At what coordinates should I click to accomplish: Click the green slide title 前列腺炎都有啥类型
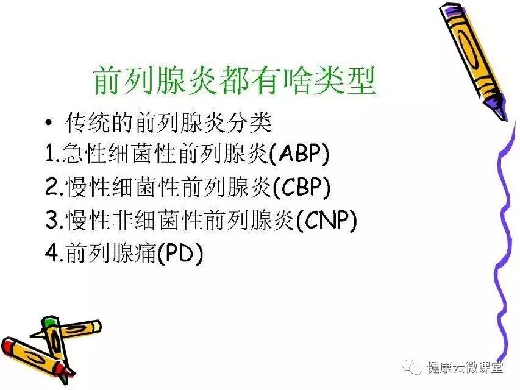235,80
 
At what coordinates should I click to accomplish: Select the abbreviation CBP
302,186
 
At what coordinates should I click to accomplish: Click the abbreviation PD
179,253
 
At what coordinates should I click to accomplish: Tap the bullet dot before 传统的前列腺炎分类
49,123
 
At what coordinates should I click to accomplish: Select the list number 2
52,186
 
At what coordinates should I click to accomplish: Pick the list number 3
52,219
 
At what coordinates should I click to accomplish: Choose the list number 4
52,253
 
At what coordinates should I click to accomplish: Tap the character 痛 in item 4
144,253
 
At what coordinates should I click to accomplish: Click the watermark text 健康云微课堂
465,367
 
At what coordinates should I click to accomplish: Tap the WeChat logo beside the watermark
412,367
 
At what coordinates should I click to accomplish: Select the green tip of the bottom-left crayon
49,322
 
